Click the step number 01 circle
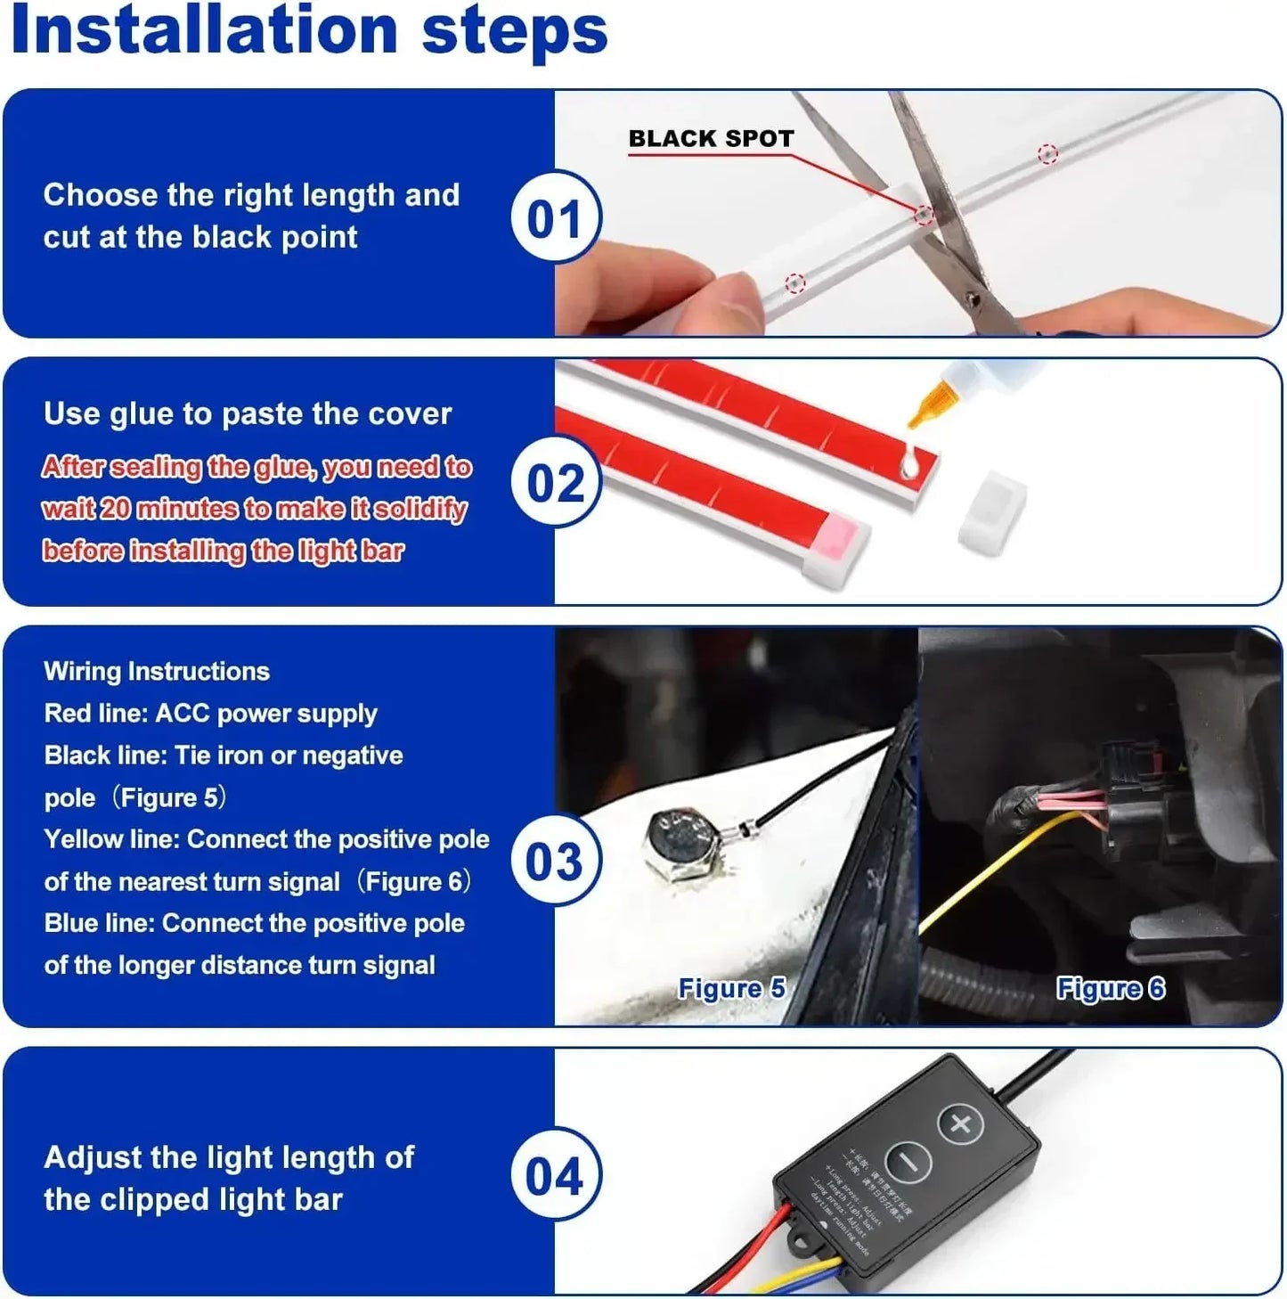tap(556, 217)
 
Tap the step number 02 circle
tap(556, 482)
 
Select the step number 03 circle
tap(556, 861)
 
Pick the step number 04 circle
tap(556, 1175)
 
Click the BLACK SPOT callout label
tap(711, 139)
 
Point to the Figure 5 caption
tap(731, 988)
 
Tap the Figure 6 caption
tap(1110, 988)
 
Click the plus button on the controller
tap(960, 1123)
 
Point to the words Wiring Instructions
tap(157, 671)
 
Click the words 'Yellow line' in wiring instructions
tap(111, 839)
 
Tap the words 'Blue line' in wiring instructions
tap(99, 923)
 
